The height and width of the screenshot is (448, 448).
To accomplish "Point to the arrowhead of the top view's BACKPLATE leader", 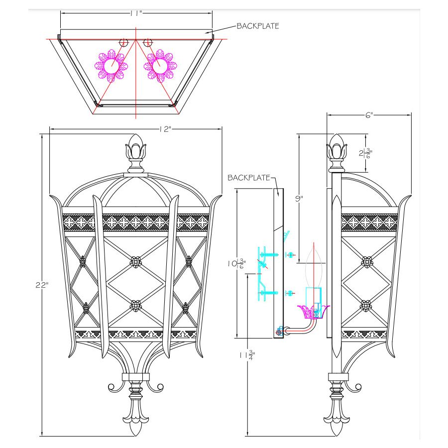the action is pyautogui.click(x=205, y=32).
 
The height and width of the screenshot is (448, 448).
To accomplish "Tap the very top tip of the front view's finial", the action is pyautogui.click(x=136, y=134).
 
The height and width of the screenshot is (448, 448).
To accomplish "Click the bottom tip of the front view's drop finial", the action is pyautogui.click(x=136, y=436).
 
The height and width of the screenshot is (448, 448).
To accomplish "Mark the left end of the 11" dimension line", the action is pyautogui.click(x=61, y=13).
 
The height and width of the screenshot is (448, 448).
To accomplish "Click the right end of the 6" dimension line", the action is pyautogui.click(x=411, y=115).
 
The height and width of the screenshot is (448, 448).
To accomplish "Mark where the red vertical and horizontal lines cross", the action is pyautogui.click(x=136, y=39).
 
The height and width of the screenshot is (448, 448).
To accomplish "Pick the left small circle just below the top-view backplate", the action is pyautogui.click(x=123, y=43).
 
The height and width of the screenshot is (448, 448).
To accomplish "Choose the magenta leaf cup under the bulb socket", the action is pyautogui.click(x=314, y=312).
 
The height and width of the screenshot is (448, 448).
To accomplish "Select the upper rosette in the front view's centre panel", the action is pyautogui.click(x=136, y=261).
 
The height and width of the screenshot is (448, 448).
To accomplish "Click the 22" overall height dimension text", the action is pyautogui.click(x=42, y=285).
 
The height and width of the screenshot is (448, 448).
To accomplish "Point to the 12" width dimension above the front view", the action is pyautogui.click(x=165, y=129).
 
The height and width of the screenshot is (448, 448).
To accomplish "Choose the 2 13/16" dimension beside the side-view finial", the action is pyautogui.click(x=365, y=153).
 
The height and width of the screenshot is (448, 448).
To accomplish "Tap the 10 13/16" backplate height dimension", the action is pyautogui.click(x=236, y=263).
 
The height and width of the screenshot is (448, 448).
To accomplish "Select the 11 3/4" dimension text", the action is pyautogui.click(x=247, y=355).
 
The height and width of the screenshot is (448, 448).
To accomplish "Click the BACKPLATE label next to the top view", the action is pyautogui.click(x=258, y=26).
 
